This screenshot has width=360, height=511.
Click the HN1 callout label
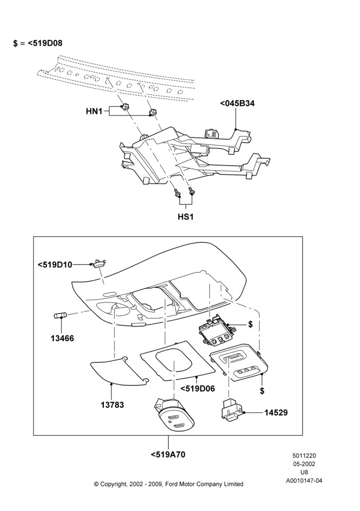[94, 111]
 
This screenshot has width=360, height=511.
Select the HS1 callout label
[186, 216]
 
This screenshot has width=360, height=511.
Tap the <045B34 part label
[237, 103]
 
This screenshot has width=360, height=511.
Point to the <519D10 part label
[55, 265]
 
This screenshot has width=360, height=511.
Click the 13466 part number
[62, 338]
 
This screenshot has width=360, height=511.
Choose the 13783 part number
[112, 405]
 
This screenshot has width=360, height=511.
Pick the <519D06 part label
[197, 388]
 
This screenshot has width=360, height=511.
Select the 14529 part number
[276, 412]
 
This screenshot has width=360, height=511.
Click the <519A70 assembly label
[168, 454]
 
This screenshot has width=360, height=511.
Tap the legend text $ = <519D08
[38, 43]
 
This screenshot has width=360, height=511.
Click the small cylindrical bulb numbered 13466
[60, 315]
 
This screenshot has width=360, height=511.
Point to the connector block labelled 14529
[232, 408]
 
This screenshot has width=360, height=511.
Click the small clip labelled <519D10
[99, 263]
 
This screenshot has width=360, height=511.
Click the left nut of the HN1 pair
[124, 107]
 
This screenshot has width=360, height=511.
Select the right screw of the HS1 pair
[191, 192]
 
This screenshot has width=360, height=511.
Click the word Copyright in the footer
[113, 484]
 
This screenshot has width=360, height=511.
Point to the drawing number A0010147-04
[304, 480]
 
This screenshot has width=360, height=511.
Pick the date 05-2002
[304, 464]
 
